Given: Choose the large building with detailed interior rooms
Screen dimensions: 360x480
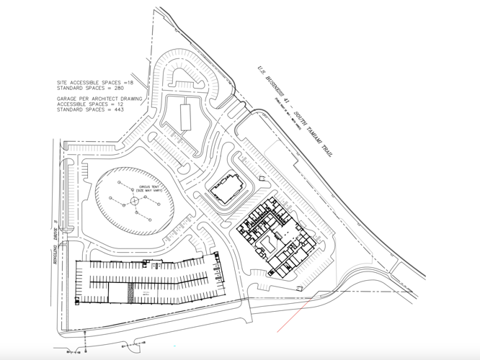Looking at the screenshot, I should pyautogui.click(x=274, y=234).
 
